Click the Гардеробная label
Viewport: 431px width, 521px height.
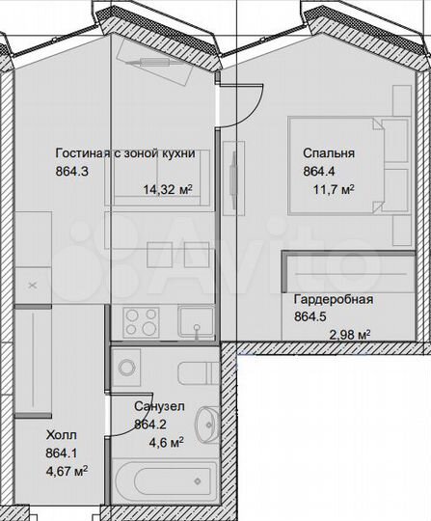click(x=333, y=299)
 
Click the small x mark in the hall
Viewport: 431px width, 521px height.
click(x=34, y=286)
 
